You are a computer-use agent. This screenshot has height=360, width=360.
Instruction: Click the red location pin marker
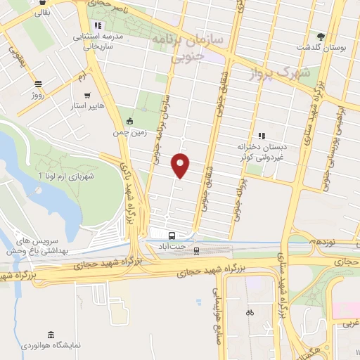pyautogui.click(x=181, y=165)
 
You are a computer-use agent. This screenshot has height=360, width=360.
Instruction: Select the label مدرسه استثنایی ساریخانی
pyautogui.click(x=103, y=41)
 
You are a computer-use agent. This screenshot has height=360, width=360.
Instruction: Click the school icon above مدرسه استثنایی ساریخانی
pyautogui.click(x=98, y=25)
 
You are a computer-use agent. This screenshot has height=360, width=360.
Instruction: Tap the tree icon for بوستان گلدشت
pyautogui.click(x=321, y=36)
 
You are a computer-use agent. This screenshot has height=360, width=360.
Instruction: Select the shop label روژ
pyautogui.click(x=38, y=91)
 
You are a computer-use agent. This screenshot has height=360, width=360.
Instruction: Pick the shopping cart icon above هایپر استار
pyautogui.click(x=86, y=96)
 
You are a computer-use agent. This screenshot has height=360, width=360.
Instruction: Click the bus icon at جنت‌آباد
pyautogui.click(x=172, y=236)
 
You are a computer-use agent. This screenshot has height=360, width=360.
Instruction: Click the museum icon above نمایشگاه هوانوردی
pyautogui.click(x=49, y=333)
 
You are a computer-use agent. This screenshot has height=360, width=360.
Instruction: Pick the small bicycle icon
pyautogui.click(x=250, y=312)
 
